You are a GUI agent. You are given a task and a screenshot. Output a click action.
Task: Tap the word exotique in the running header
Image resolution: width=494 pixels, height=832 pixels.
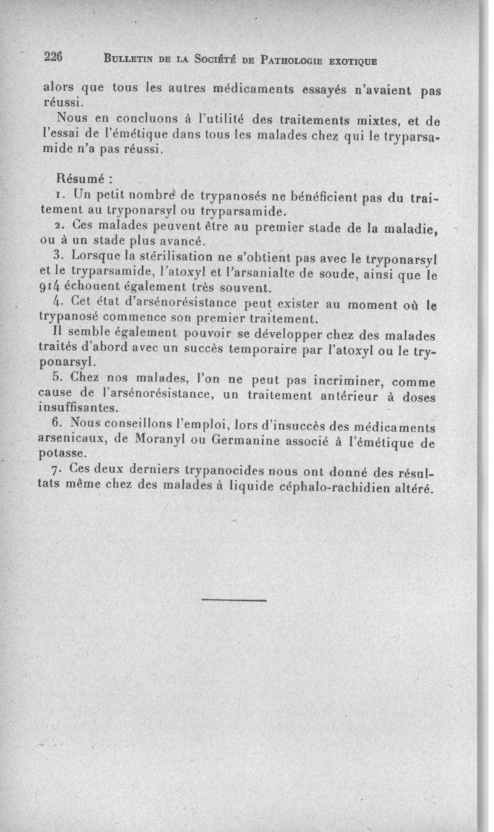point(353,61)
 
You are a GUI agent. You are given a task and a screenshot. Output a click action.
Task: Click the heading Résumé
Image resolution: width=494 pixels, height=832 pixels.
point(83,179)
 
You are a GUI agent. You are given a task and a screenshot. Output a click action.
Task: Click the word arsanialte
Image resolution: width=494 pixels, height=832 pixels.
point(245,272)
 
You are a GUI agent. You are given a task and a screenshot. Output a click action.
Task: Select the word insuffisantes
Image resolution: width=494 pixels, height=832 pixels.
point(78,408)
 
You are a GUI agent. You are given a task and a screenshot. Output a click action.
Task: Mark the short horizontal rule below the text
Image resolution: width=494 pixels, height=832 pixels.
point(234,600)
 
